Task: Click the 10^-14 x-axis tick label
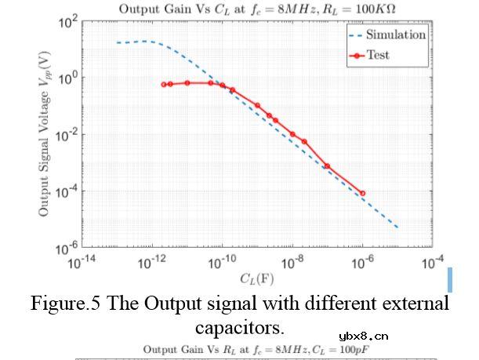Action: click(x=82, y=264)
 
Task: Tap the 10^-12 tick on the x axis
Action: click(x=152, y=264)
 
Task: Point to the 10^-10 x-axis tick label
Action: click(x=223, y=264)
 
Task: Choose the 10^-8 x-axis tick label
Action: click(x=292, y=264)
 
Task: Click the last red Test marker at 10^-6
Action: click(x=362, y=193)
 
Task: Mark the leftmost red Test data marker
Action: click(x=164, y=84)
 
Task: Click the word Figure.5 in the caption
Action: click(x=66, y=304)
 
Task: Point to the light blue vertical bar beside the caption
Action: click(x=450, y=279)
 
